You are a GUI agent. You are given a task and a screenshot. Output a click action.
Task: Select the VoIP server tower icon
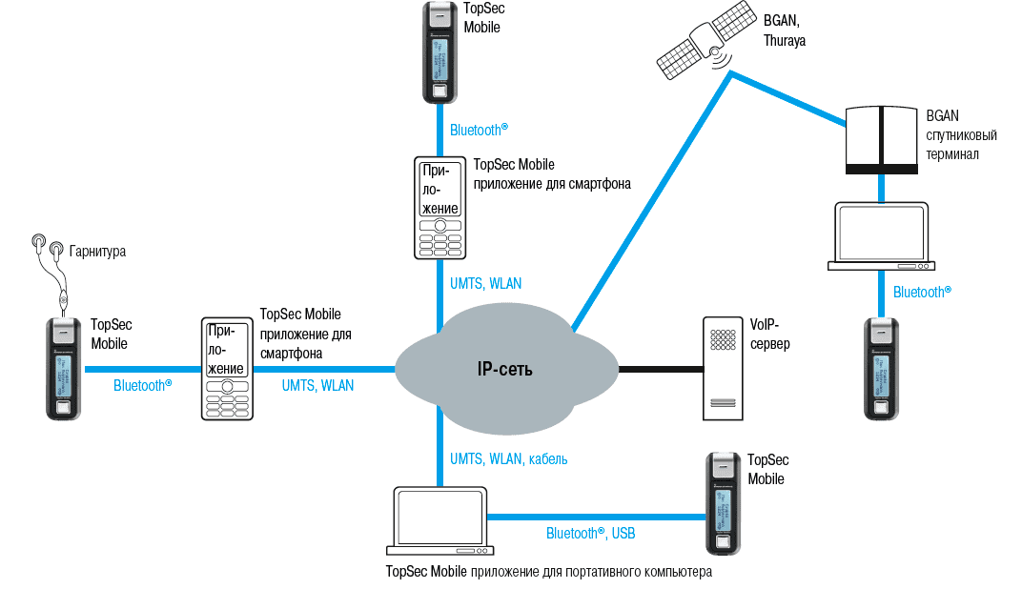pyautogui.click(x=723, y=368)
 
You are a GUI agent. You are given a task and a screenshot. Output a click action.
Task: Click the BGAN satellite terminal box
pyautogui.click(x=884, y=139)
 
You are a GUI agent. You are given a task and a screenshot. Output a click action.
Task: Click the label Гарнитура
pyautogui.click(x=96, y=252)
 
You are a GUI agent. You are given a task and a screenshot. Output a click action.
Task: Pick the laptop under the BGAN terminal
pyautogui.click(x=881, y=235)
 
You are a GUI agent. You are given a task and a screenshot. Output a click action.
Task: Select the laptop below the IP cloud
pyautogui.click(x=439, y=521)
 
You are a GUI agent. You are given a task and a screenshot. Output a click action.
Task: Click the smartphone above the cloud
pyautogui.click(x=439, y=208)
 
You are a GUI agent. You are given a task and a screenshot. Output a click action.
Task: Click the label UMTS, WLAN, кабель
pyautogui.click(x=508, y=459)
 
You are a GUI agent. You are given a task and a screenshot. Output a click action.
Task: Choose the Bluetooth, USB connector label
pyautogui.click(x=590, y=534)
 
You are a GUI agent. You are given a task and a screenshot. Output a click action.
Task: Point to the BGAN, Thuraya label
pyautogui.click(x=785, y=30)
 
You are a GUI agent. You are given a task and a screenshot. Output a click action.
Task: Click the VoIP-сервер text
pyautogui.click(x=770, y=334)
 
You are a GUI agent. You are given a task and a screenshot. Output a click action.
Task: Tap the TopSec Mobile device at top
pyautogui.click(x=438, y=52)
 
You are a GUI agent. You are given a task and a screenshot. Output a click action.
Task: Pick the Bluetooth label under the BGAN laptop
pyautogui.click(x=921, y=292)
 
